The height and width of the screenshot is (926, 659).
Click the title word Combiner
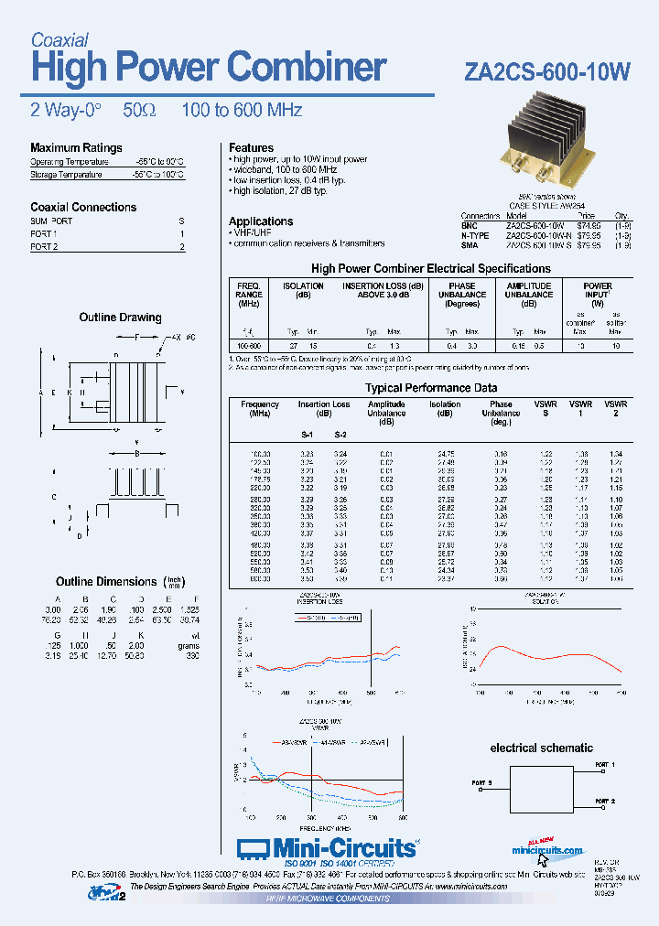(307, 68)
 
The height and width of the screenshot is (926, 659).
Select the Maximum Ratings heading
(76, 148)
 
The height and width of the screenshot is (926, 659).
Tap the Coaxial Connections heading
(83, 208)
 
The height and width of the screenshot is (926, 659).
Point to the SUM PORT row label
(51, 221)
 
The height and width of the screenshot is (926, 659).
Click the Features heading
(251, 148)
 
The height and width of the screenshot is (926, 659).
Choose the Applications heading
(261, 221)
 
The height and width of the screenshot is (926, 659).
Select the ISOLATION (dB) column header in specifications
(303, 290)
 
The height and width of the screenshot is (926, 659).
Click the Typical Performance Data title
(431, 388)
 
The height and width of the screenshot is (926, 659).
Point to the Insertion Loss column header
(324, 404)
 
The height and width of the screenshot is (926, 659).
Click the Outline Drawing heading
(120, 318)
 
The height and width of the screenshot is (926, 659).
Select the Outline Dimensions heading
(106, 582)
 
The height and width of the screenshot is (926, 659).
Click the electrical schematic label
(541, 748)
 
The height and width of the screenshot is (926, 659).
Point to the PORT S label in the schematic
(482, 783)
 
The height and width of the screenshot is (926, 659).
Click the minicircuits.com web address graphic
(547, 850)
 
